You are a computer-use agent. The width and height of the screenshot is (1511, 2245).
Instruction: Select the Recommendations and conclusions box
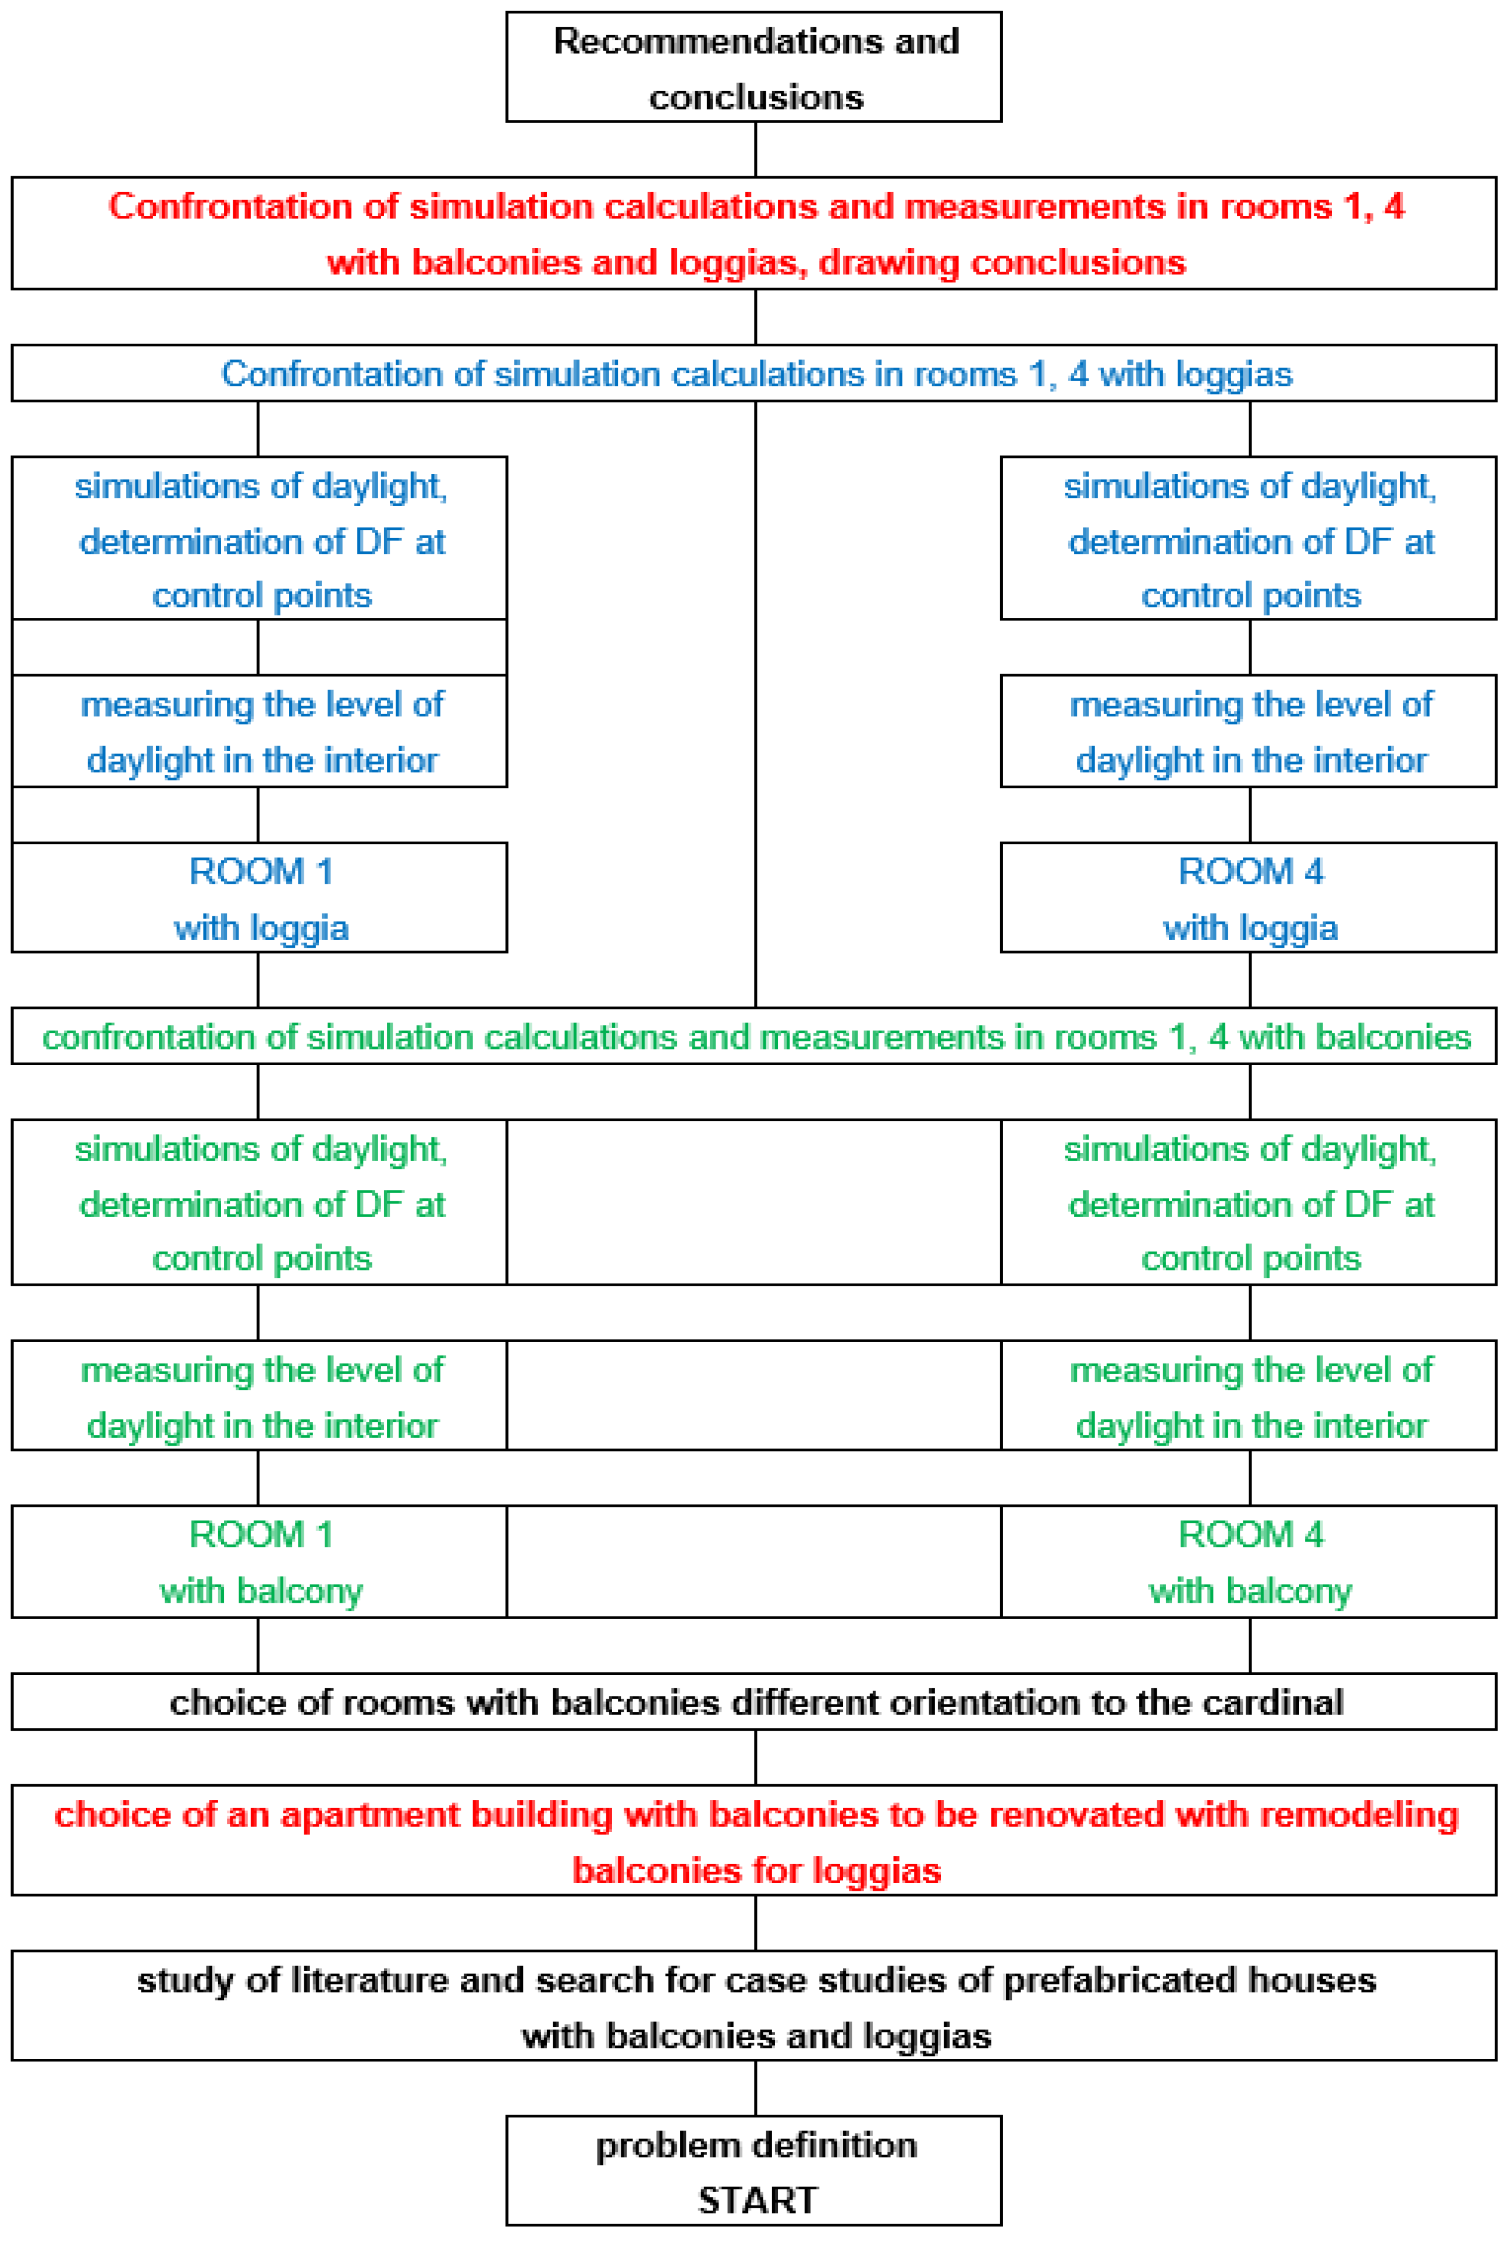point(753,67)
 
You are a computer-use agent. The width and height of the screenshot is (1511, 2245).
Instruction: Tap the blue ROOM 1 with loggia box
point(259,898)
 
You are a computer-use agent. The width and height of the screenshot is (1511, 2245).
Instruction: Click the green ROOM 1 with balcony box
point(259,1562)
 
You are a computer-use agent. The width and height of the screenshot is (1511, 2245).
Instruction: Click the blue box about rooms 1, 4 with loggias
point(753,374)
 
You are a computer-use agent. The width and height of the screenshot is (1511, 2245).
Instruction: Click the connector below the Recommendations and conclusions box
point(755,150)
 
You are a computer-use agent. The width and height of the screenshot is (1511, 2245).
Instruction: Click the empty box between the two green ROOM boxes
point(753,1562)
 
